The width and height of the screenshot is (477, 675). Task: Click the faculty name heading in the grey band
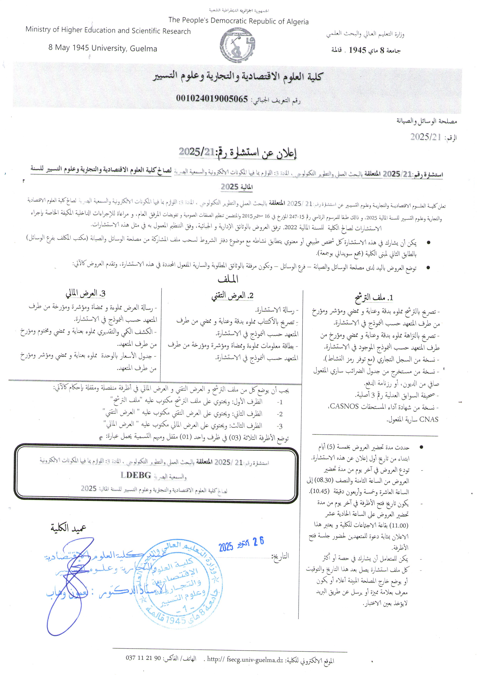[x=237, y=77]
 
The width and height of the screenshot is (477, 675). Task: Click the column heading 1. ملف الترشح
[x=374, y=298]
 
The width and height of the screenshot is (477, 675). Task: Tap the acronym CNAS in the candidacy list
[x=429, y=419]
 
